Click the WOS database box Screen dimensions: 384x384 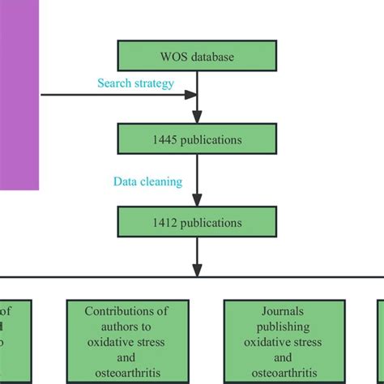(198, 56)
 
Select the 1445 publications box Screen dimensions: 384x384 (198, 139)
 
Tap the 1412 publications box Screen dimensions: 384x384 (198, 222)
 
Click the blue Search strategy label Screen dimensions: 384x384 (135, 83)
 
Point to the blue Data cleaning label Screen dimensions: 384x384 (147, 182)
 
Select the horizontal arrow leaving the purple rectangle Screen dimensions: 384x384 (113, 95)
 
